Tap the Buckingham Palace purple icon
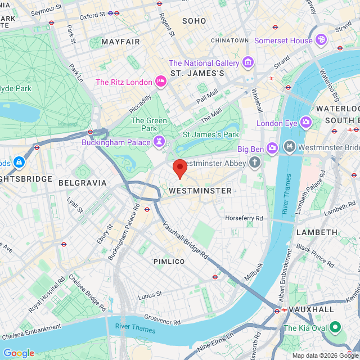(x=159, y=142)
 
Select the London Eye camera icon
(x=306, y=122)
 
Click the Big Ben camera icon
(x=272, y=148)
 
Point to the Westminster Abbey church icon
(x=255, y=163)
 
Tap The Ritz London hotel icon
(x=160, y=82)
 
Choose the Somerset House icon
(x=321, y=40)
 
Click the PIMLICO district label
(x=169, y=262)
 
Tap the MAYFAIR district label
(x=120, y=42)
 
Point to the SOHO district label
(x=194, y=21)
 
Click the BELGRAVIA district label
(x=82, y=183)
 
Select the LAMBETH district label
(x=317, y=232)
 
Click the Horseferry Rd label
(x=244, y=218)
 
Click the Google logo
(x=18, y=353)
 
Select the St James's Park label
(x=211, y=134)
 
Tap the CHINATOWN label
(x=229, y=40)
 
